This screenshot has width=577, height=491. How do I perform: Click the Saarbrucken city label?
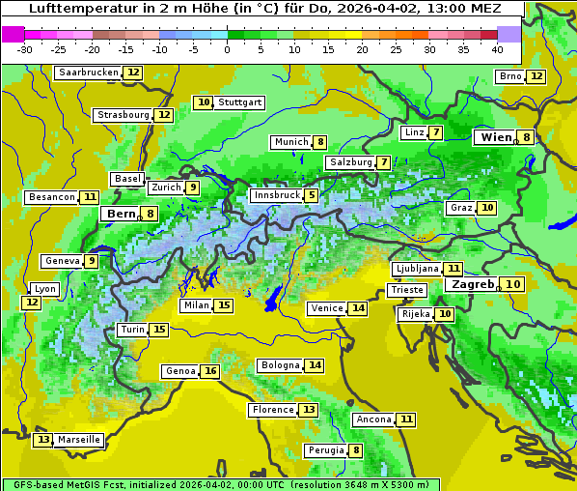click(88, 72)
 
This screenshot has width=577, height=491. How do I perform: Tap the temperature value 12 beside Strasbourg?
click(164, 115)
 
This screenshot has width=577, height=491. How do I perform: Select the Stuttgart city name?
click(240, 102)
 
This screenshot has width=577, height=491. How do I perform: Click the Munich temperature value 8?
click(319, 142)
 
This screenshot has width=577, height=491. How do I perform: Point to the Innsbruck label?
click(275, 195)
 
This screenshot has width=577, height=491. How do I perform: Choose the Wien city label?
click(497, 137)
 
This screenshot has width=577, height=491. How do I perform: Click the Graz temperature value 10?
click(487, 208)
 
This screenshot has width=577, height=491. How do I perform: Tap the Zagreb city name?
click(472, 284)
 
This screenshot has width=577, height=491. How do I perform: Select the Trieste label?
click(406, 290)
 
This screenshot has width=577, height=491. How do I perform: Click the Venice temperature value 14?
click(358, 308)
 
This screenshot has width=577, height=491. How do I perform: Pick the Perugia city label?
click(325, 450)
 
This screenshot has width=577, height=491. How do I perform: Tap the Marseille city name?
click(79, 440)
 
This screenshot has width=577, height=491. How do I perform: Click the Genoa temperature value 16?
click(210, 371)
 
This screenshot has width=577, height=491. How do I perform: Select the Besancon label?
click(52, 197)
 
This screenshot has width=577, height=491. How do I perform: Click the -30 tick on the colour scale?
click(25, 49)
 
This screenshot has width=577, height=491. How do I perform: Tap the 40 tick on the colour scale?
click(497, 49)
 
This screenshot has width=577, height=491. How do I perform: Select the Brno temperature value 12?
click(536, 76)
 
